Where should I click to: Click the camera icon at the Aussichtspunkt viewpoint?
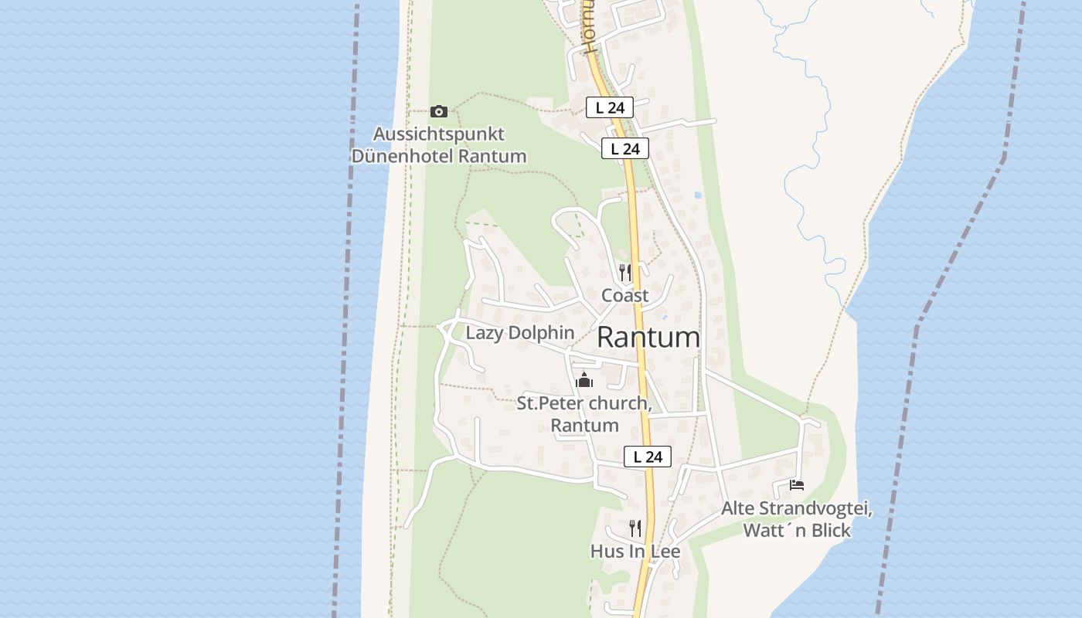pyautogui.click(x=438, y=111)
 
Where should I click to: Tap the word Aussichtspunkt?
pyautogui.click(x=438, y=134)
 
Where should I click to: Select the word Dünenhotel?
pyautogui.click(x=403, y=155)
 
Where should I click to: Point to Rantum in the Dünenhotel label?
pyautogui.click(x=492, y=155)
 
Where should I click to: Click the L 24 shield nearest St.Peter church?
pyautogui.click(x=647, y=457)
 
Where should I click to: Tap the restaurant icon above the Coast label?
pyautogui.click(x=625, y=272)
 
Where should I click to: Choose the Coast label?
pyautogui.click(x=625, y=295)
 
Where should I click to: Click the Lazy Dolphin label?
pyautogui.click(x=519, y=333)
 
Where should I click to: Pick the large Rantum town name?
pyautogui.click(x=648, y=338)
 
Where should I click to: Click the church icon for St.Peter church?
pyautogui.click(x=584, y=380)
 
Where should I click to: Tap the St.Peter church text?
pyautogui.click(x=584, y=403)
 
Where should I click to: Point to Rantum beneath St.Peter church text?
pyautogui.click(x=584, y=425)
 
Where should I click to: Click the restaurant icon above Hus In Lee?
pyautogui.click(x=635, y=528)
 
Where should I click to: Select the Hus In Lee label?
pyautogui.click(x=635, y=551)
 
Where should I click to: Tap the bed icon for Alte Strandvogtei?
pyautogui.click(x=797, y=485)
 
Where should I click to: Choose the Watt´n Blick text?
pyautogui.click(x=797, y=530)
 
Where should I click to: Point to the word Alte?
pyautogui.click(x=738, y=508)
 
